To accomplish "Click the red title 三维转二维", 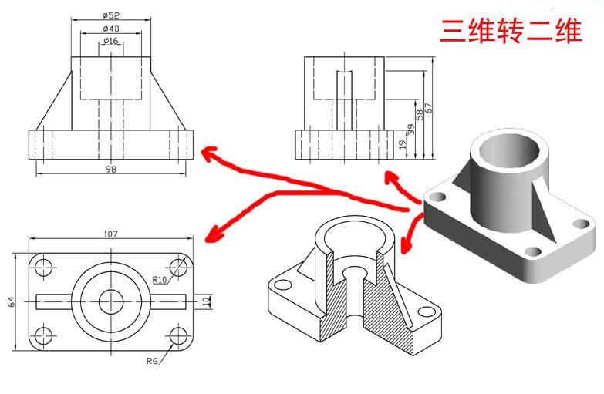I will [x=510, y=32].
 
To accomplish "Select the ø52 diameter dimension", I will [x=110, y=15].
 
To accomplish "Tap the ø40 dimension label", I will [x=110, y=29].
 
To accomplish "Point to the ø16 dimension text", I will [x=110, y=41].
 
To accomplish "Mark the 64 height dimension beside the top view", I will [x=12, y=301].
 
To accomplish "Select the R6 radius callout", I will [x=154, y=360].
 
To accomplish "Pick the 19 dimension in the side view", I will [x=403, y=143].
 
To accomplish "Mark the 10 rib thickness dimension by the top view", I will [x=206, y=300].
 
